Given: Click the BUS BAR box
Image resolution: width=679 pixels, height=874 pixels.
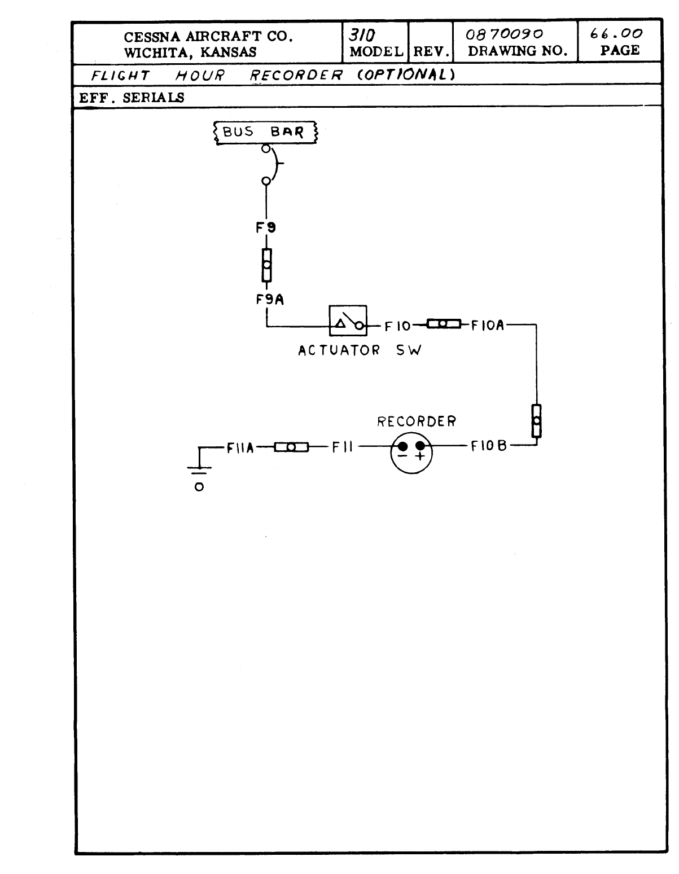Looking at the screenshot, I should click(x=265, y=133).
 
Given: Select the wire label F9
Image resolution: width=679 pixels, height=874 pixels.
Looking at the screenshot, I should click(x=266, y=228).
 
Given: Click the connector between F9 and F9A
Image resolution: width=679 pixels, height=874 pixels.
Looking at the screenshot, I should click(x=266, y=265).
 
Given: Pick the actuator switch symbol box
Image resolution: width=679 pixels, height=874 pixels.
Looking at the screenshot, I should click(x=348, y=321).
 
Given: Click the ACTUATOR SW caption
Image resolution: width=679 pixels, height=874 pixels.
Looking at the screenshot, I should click(x=360, y=350).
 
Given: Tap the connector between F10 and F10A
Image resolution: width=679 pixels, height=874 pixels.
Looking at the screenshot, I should click(x=444, y=324).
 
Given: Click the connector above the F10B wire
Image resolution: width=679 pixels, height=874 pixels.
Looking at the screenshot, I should click(x=536, y=420).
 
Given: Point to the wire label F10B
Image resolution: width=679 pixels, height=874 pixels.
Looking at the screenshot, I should click(x=488, y=446).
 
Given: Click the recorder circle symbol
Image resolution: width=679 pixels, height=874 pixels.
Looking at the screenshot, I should click(x=411, y=453).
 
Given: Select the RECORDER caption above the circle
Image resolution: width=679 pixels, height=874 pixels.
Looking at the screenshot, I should click(x=417, y=421).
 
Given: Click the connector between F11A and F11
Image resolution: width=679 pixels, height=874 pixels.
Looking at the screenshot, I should click(x=291, y=447).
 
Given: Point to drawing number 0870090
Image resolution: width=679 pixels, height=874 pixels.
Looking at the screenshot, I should click(x=504, y=34).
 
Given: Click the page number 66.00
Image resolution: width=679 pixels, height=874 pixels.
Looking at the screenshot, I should click(x=616, y=34).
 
